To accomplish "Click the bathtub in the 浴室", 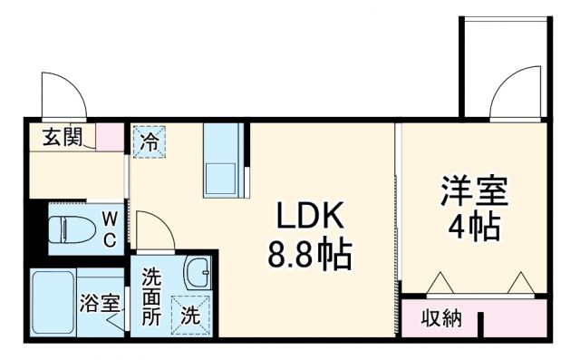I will [51, 303].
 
